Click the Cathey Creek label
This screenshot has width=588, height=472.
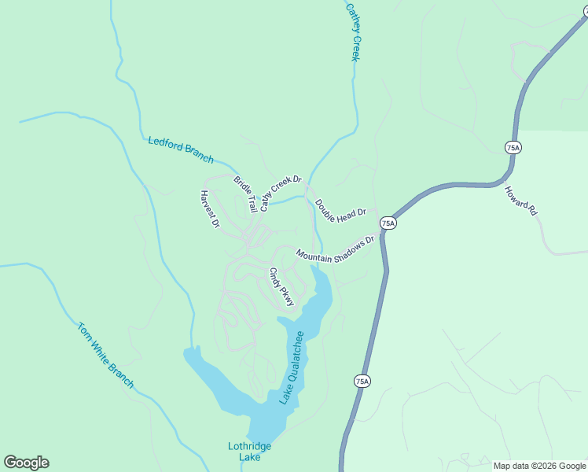[354, 32]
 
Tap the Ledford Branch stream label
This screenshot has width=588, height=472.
[181, 149]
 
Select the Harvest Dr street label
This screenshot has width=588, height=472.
[209, 209]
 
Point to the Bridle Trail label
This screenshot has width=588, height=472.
[245, 194]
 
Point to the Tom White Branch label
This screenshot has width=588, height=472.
[106, 355]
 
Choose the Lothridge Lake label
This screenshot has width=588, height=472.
[249, 452]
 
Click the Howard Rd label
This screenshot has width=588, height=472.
[521, 201]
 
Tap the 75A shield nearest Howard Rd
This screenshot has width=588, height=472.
[513, 148]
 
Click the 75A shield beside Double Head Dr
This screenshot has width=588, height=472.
[388, 223]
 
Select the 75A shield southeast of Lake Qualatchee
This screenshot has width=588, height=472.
[361, 382]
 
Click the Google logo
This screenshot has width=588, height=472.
[26, 463]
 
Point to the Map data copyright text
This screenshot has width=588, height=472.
[540, 466]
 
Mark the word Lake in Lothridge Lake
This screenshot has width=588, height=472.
[249, 457]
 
